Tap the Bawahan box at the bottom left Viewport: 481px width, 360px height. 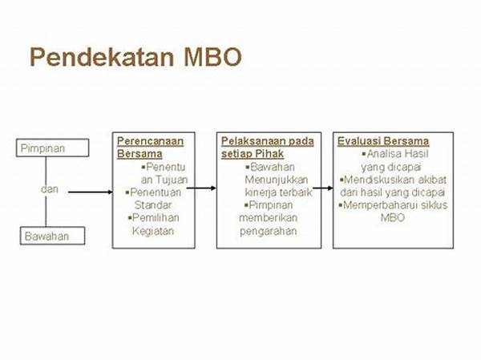(47, 236)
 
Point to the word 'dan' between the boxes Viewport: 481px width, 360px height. (49, 190)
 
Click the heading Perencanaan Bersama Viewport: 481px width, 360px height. (150, 148)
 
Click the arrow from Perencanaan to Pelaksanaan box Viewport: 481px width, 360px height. (206, 188)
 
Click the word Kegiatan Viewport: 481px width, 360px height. (153, 231)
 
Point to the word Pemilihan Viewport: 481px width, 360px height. (158, 218)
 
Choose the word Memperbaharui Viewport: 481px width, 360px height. (377, 205)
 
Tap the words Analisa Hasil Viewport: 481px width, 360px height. (393, 154)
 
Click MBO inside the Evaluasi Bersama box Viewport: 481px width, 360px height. (393, 218)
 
